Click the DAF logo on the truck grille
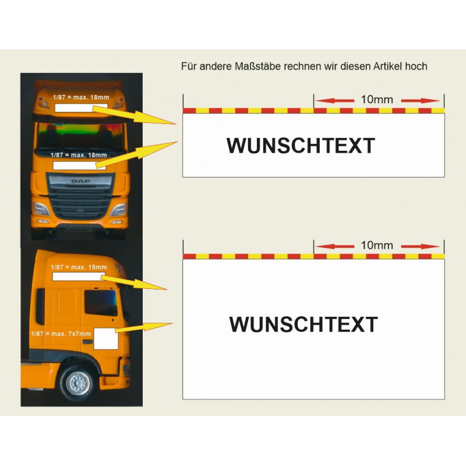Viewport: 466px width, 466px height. pyautogui.click(x=80, y=181)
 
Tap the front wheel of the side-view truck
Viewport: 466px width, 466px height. pyautogui.click(x=78, y=383)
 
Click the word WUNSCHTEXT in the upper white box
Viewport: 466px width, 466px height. pyautogui.click(x=301, y=146)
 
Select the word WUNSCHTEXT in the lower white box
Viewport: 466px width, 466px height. pyautogui.click(x=303, y=324)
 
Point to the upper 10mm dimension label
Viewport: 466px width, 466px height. pyautogui.click(x=377, y=99)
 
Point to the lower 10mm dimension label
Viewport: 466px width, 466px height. pyautogui.click(x=377, y=245)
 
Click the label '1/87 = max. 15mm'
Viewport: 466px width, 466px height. pyautogui.click(x=79, y=267)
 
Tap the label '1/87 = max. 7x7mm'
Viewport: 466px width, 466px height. pyautogui.click(x=61, y=334)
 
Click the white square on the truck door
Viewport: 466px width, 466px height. pyautogui.click(x=106, y=339)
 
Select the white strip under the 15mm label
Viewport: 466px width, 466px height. pyautogui.click(x=79, y=277)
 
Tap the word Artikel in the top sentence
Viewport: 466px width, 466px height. pyautogui.click(x=387, y=66)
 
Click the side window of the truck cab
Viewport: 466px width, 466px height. pyautogui.click(x=101, y=302)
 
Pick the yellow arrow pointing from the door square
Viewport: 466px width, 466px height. pyautogui.click(x=144, y=327)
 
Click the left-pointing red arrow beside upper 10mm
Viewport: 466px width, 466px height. pyautogui.click(x=334, y=101)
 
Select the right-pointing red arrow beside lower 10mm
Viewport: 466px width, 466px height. pyautogui.click(x=420, y=246)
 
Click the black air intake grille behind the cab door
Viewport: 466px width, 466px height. pyautogui.click(x=40, y=306)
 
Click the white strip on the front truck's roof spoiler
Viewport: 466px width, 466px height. pyautogui.click(x=81, y=108)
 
